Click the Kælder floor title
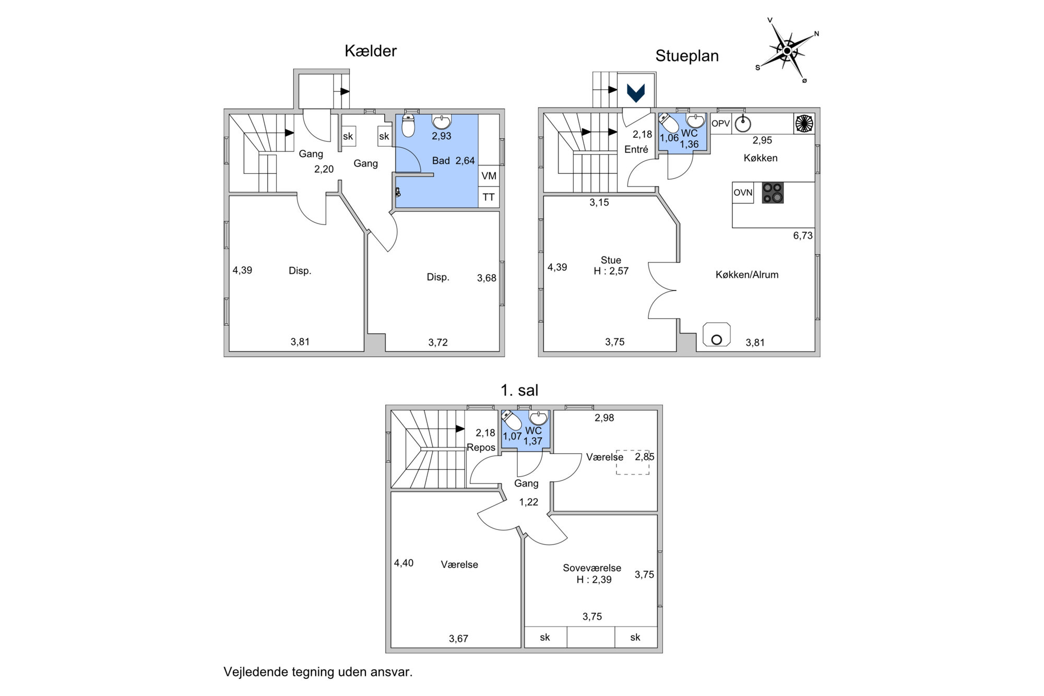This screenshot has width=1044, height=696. pos(371,51)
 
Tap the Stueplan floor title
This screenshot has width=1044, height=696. pos(687,56)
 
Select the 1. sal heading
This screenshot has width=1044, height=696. pos(519,391)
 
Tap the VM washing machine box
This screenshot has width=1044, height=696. pos(489,175)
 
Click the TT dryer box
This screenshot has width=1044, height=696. pos(489,197)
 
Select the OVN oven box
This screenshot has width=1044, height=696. pos(743,193)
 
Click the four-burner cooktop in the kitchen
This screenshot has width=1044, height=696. pos(773,193)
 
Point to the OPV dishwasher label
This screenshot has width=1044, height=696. pos(720,124)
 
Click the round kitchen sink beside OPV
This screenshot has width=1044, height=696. pos(743,124)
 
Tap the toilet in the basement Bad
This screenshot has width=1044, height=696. pos(408,126)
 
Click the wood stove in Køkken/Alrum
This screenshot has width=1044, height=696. pos(717,335)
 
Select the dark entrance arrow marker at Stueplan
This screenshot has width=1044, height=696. pos(636,93)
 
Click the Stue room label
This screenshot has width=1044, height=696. pos(611,260)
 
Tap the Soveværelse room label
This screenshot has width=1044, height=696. pos(592,568)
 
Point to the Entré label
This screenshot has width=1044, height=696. pos(636,149)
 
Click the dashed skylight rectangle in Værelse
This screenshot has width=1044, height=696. pos(633,462)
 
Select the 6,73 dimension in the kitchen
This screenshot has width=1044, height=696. pos(803,235)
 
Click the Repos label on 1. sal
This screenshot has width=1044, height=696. pos(481,447)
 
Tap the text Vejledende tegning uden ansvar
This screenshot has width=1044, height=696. pos(318,672)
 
